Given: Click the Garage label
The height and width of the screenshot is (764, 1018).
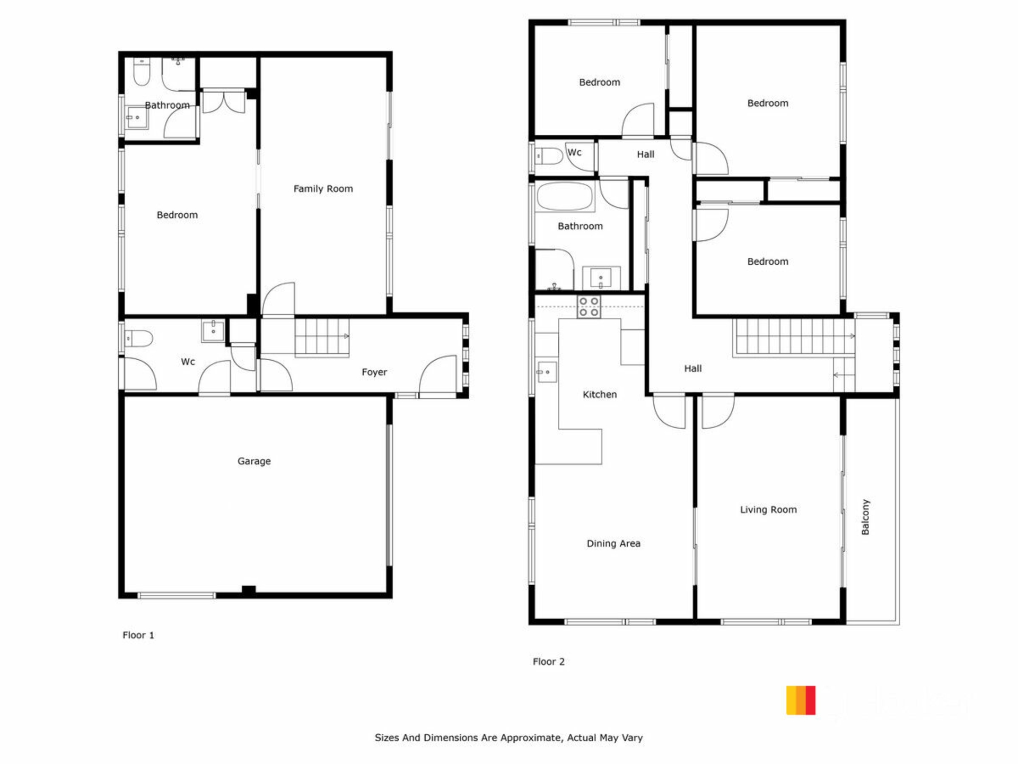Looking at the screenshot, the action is (254, 461).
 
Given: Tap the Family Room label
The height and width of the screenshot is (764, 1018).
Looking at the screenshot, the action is (323, 189).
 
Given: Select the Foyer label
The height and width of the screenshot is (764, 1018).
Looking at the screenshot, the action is (374, 372).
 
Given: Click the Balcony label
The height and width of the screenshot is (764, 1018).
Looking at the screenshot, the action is (865, 517).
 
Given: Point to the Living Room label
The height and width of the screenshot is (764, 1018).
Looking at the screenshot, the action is (768, 510).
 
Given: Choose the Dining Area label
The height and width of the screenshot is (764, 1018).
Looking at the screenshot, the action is (613, 543).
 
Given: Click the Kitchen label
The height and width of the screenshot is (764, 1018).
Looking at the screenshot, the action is (600, 395).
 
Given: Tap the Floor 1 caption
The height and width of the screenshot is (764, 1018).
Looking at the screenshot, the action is (138, 635).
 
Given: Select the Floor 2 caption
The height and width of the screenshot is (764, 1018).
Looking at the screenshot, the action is (549, 662).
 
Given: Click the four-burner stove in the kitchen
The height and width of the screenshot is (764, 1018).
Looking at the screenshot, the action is (589, 307).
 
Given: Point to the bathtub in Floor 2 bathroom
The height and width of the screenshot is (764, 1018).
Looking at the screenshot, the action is (564, 197).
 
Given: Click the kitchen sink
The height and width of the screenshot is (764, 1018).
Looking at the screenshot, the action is (546, 372).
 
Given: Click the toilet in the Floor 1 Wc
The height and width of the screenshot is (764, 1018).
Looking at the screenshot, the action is (138, 338).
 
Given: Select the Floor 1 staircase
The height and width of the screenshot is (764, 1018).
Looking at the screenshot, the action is (322, 336).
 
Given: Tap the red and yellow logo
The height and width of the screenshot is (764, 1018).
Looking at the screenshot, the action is (801, 700).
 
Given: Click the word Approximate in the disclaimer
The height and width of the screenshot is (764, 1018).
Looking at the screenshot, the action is (531, 738).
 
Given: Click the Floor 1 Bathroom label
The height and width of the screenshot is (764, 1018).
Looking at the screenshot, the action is (167, 105).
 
